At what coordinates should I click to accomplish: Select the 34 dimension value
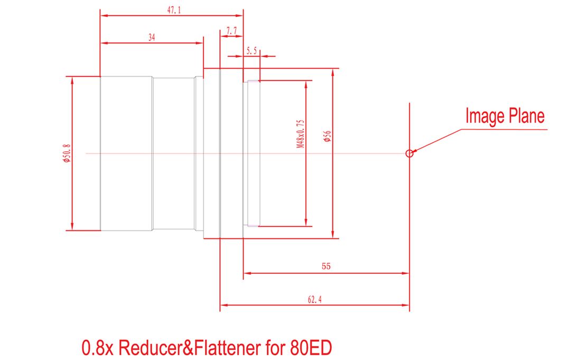[152, 37]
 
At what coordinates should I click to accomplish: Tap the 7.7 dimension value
[231, 31]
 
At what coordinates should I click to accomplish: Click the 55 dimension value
[326, 266]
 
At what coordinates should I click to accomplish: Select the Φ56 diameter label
[327, 136]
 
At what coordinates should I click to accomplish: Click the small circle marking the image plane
[409, 154]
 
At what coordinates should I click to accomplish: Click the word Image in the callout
[485, 116]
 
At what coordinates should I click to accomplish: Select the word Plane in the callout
[526, 116]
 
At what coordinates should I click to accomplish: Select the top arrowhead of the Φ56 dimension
[332, 72]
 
